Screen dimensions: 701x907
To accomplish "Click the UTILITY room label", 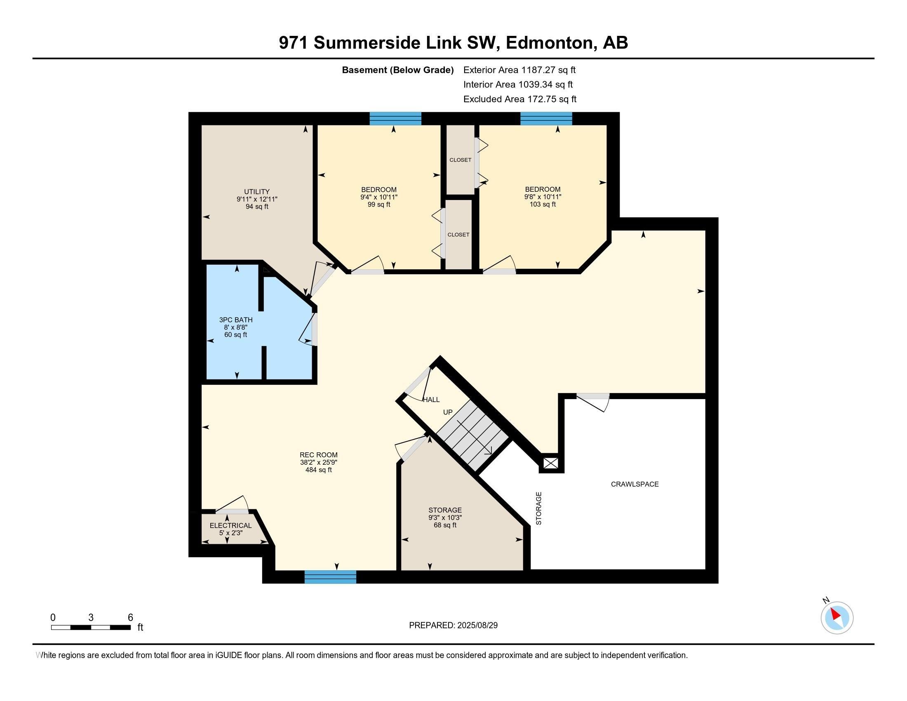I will pyautogui.click(x=257, y=191).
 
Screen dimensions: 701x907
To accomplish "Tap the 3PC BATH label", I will pyautogui.click(x=235, y=320).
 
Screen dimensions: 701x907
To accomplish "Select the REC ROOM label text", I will pyautogui.click(x=319, y=455).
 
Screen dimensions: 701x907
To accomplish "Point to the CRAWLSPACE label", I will pyautogui.click(x=634, y=484).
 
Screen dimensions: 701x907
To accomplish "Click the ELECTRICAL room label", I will pyautogui.click(x=230, y=525).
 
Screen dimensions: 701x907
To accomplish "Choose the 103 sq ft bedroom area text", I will pyautogui.click(x=543, y=204).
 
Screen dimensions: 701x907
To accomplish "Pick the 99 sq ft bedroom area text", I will pyautogui.click(x=379, y=204).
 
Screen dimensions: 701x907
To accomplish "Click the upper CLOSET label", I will pyautogui.click(x=460, y=160).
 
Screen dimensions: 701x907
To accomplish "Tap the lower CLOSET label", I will pyautogui.click(x=458, y=235).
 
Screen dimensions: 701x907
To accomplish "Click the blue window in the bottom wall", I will pyautogui.click(x=330, y=577).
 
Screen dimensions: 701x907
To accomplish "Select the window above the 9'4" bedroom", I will pyautogui.click(x=395, y=119).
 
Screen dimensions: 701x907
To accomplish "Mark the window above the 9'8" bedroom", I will pyautogui.click(x=546, y=119).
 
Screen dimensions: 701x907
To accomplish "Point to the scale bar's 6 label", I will pyautogui.click(x=130, y=618).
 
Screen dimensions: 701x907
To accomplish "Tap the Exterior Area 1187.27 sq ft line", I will pyautogui.click(x=519, y=70).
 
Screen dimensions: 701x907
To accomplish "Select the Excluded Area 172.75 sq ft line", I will pyautogui.click(x=519, y=99).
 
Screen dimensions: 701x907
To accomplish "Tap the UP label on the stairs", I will pyautogui.click(x=448, y=412).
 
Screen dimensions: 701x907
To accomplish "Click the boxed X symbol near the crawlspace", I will pyautogui.click(x=551, y=463).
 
